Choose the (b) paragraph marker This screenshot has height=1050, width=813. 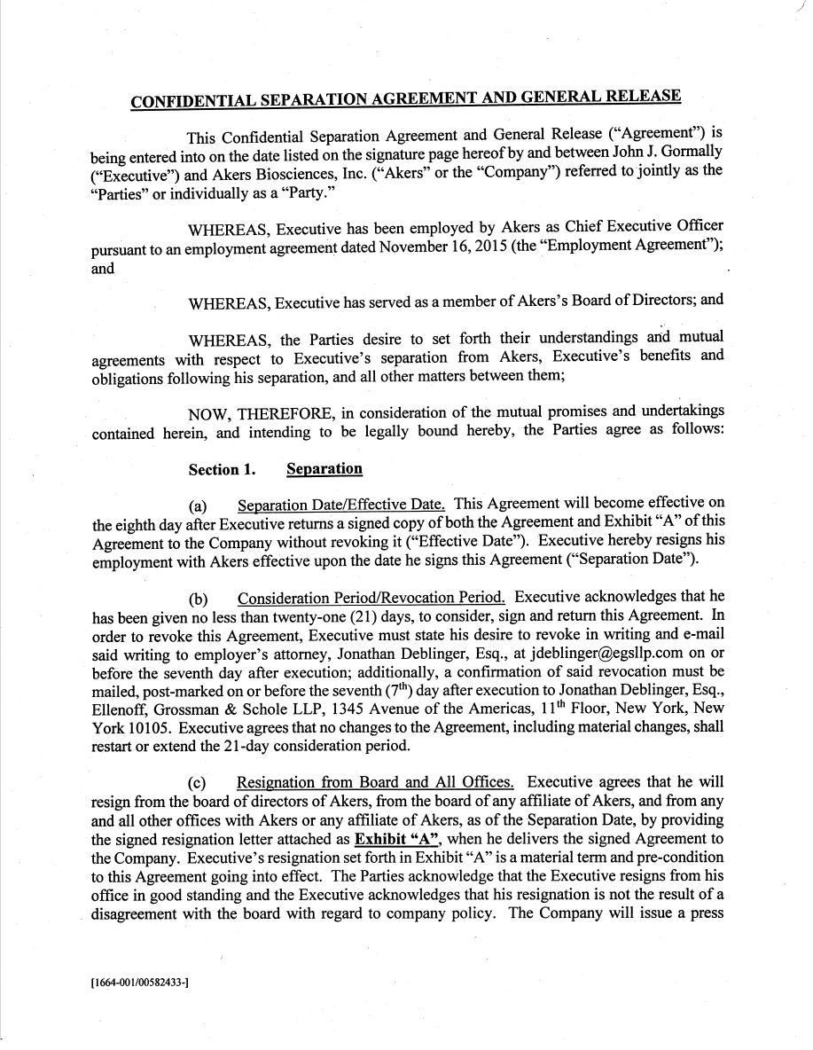(x=198, y=598)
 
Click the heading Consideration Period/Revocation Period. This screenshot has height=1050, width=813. (x=371, y=597)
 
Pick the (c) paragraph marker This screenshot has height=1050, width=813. (x=198, y=783)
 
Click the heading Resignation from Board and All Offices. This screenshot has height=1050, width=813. (x=375, y=782)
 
